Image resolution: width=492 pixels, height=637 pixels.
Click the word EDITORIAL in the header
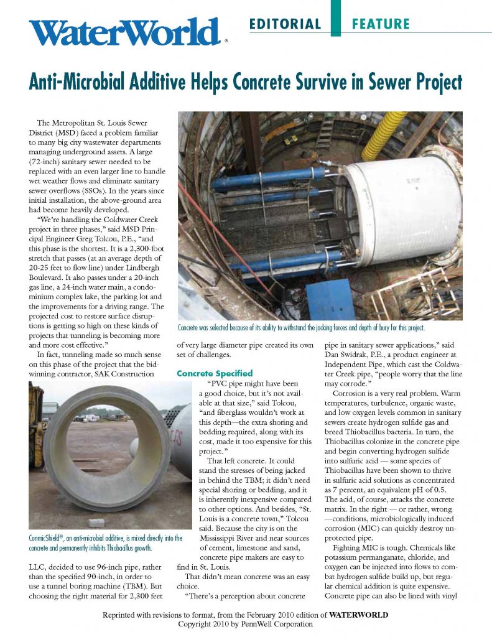click(x=285, y=24)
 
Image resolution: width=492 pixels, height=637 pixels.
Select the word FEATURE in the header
click(x=380, y=24)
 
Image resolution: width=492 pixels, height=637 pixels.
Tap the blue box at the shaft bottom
click(x=330, y=299)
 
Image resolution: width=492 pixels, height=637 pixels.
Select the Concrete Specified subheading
click(x=215, y=373)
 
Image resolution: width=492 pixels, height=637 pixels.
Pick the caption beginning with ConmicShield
click(x=96, y=542)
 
